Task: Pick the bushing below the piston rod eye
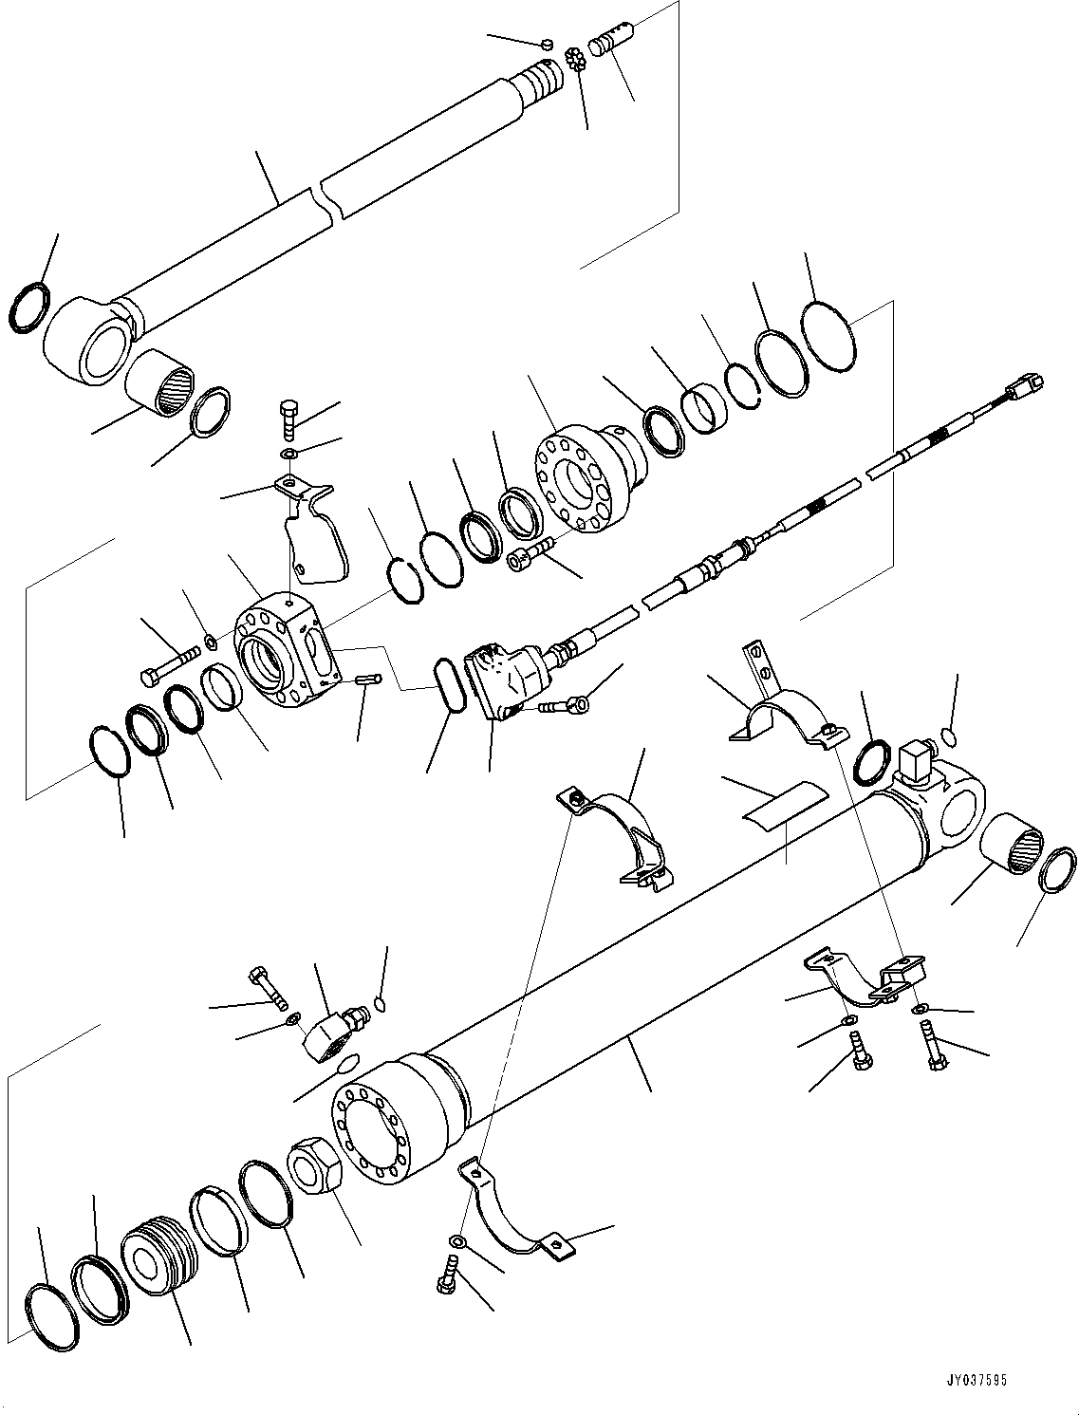point(162,380)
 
